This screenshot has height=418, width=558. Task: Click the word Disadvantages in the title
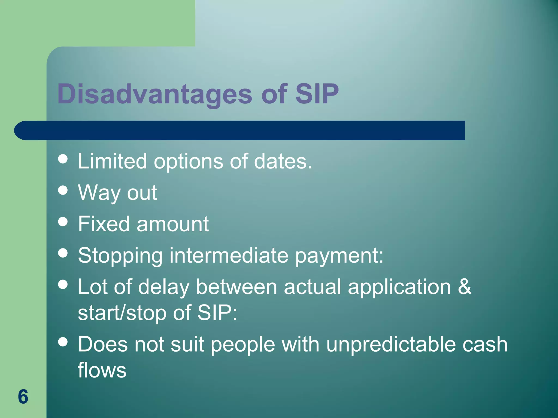tap(154, 94)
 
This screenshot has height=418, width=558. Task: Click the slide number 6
tap(23, 397)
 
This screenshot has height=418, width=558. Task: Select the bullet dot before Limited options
tap(63, 159)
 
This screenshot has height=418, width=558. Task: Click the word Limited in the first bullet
tap(112, 161)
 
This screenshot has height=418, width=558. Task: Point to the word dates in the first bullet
tap(283, 161)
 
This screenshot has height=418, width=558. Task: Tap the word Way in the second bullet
tap(99, 193)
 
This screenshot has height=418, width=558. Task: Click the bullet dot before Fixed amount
tap(63, 222)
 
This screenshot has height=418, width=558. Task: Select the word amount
tap(172, 224)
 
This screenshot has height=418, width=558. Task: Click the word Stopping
tap(120, 256)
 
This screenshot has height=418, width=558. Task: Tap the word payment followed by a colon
tap(339, 256)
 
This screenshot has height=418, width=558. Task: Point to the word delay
tap(163, 287)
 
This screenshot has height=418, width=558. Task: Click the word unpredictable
tap(391, 345)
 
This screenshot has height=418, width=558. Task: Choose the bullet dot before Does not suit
tap(63, 342)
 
